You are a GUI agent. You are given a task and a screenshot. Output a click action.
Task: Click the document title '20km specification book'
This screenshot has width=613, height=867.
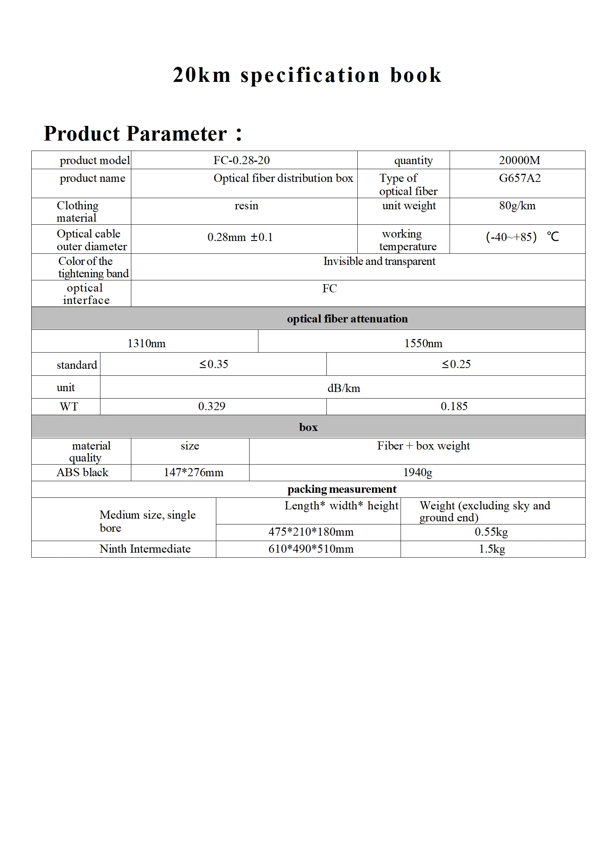(x=307, y=75)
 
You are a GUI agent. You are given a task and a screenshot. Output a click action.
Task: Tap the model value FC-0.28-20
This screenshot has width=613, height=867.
(x=241, y=160)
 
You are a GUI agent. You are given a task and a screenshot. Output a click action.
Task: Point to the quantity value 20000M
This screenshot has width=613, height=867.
(x=519, y=160)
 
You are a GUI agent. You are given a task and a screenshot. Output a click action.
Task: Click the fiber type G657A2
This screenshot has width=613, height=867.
(x=520, y=178)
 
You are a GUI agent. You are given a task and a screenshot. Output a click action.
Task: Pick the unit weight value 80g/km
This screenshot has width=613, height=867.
(x=517, y=205)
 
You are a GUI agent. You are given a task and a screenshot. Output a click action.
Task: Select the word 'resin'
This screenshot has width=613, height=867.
(x=246, y=205)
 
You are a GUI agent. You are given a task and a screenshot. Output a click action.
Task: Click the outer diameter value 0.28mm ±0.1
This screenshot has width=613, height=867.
(x=240, y=237)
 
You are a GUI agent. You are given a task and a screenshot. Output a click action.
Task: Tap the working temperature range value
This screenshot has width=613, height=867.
(x=522, y=237)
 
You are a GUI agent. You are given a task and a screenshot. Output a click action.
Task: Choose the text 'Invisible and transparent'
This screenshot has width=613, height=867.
(x=379, y=261)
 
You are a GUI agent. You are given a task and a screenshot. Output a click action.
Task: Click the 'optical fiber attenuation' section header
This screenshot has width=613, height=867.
(x=347, y=319)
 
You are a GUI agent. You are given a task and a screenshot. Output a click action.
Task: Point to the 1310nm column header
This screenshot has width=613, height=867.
(x=146, y=343)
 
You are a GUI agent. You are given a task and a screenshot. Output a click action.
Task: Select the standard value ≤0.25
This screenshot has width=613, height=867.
(x=456, y=364)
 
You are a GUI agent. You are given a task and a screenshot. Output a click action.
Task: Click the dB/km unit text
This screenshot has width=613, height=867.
(x=344, y=388)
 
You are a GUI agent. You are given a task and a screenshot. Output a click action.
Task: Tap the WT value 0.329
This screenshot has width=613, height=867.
(x=212, y=406)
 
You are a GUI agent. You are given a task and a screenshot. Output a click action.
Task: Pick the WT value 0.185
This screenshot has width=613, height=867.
(x=454, y=406)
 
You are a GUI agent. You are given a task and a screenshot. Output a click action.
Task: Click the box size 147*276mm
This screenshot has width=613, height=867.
(x=194, y=472)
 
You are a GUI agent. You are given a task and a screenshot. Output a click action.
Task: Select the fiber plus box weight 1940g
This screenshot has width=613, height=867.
(x=418, y=472)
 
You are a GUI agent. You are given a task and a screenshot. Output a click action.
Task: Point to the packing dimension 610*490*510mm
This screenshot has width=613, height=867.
(x=311, y=549)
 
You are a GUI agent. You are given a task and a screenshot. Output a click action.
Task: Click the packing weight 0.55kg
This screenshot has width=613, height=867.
(x=491, y=532)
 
